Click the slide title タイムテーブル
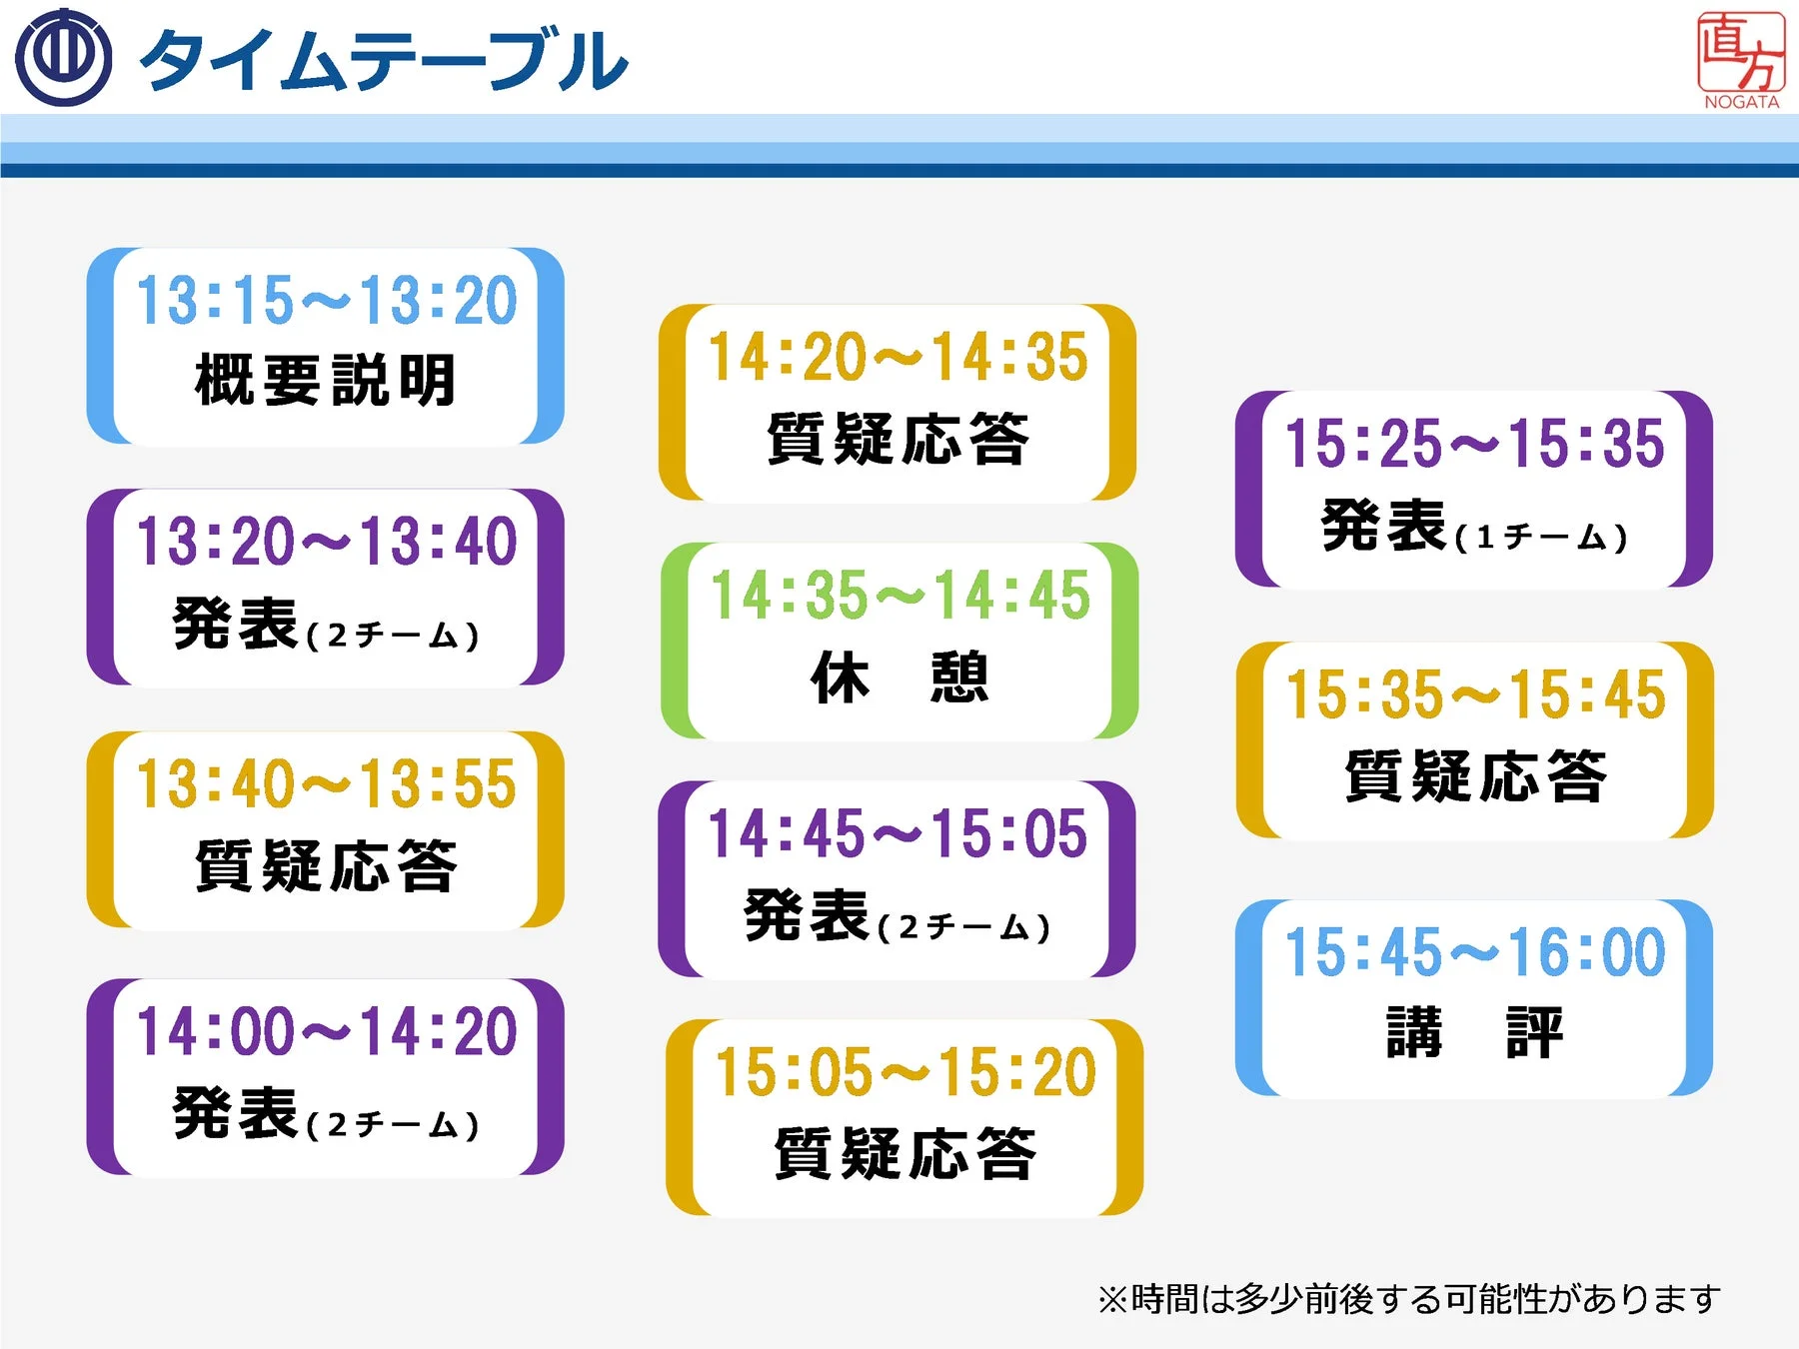pyautogui.click(x=385, y=60)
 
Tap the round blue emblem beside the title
pyautogui.click(x=63, y=58)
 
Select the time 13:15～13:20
pyautogui.click(x=327, y=300)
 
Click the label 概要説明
pyautogui.click(x=326, y=381)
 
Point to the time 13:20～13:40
pyautogui.click(x=327, y=542)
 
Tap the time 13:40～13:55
pyautogui.click(x=327, y=783)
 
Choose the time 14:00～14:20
pyautogui.click(x=327, y=1031)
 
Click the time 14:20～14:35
pyautogui.click(x=898, y=357)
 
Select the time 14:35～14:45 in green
pyautogui.click(x=899, y=596)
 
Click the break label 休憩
pyautogui.click(x=899, y=678)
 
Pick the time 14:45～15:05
pyautogui.click(x=898, y=834)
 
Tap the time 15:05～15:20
pyautogui.click(x=905, y=1073)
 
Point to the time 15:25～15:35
pyautogui.click(x=1475, y=444)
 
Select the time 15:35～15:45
pyautogui.click(x=1476, y=694)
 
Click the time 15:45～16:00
pyautogui.click(x=1475, y=952)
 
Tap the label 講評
pyautogui.click(x=1475, y=1033)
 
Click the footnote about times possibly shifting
pyautogui.click(x=1409, y=1299)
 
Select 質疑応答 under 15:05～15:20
pyautogui.click(x=905, y=1154)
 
